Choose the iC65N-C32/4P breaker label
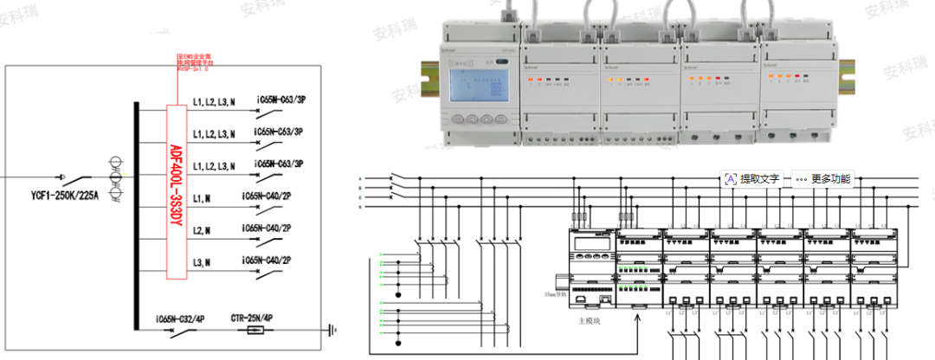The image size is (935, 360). tap(180, 318)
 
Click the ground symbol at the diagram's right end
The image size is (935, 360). tap(332, 330)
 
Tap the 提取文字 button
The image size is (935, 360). tap(751, 179)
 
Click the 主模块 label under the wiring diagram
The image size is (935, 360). tap(590, 320)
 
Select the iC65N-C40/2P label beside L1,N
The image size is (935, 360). tap(267, 196)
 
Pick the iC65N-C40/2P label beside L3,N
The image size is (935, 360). tap(267, 260)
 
